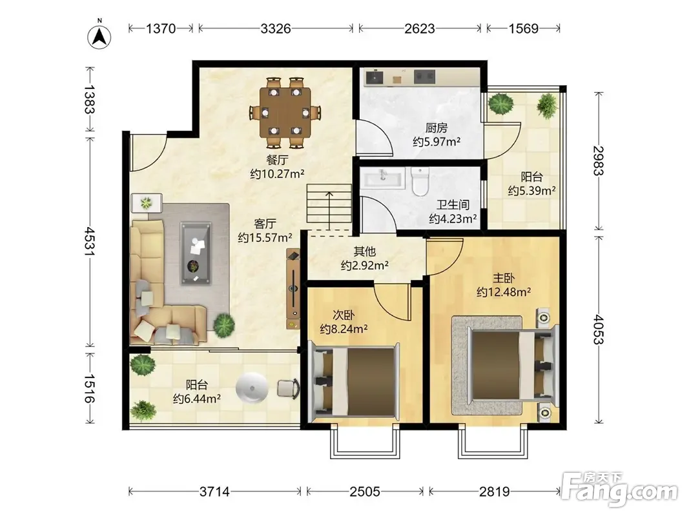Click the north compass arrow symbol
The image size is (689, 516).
[99, 36]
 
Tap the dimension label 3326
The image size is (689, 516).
[276, 28]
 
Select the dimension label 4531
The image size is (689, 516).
[90, 241]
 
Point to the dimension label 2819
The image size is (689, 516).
[495, 491]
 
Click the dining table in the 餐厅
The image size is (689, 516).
[285, 112]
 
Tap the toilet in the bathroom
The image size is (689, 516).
[420, 182]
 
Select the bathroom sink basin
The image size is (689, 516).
[383, 179]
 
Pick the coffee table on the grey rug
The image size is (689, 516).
[196, 253]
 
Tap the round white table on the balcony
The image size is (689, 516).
[252, 388]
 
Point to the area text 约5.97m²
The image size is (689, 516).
[437, 142]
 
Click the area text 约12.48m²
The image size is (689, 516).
[504, 292]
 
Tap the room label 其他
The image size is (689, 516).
[365, 252]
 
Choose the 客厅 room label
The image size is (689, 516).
[265, 224]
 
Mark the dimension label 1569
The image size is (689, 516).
[523, 28]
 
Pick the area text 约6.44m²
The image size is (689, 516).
[196, 399]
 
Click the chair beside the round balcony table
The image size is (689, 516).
[288, 388]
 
